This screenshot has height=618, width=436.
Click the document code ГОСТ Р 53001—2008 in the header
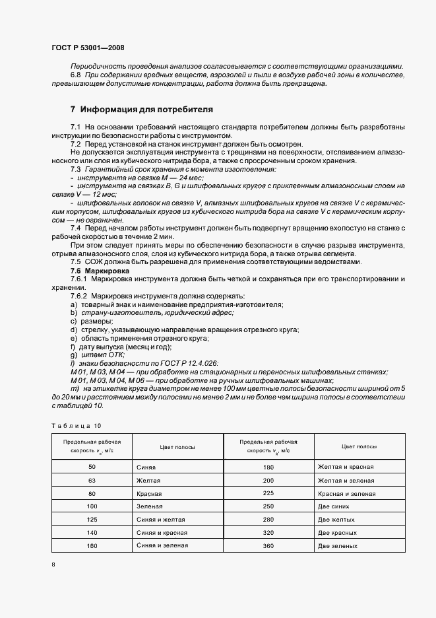(87, 48)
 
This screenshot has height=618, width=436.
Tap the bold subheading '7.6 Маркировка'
(100, 271)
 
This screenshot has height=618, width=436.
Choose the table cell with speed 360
(268, 546)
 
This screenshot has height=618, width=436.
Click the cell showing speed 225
(268, 494)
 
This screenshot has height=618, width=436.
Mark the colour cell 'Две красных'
(338, 533)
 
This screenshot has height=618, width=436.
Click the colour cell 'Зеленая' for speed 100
(151, 507)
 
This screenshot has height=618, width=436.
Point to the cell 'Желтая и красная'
(345, 467)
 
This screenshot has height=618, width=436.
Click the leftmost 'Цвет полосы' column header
(177, 447)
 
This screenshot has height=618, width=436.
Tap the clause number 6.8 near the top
(75, 76)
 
